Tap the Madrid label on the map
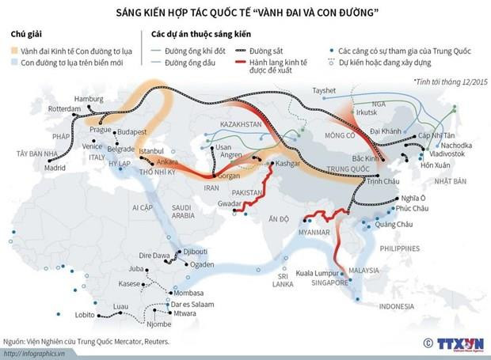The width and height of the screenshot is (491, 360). click(55, 168)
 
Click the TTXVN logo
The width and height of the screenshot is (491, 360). click(451, 343)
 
